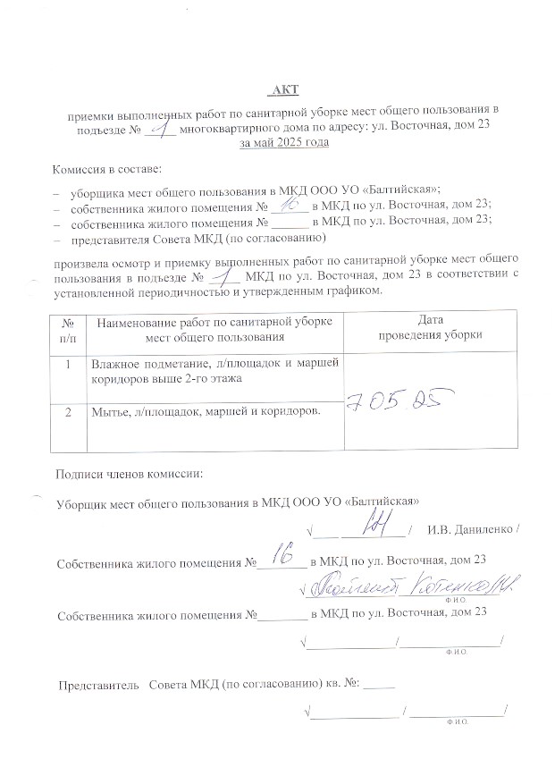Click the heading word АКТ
[x=285, y=89]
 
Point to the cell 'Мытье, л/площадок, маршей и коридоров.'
[x=207, y=412]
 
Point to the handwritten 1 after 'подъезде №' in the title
[x=162, y=128]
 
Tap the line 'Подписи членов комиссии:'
[x=130, y=473]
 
